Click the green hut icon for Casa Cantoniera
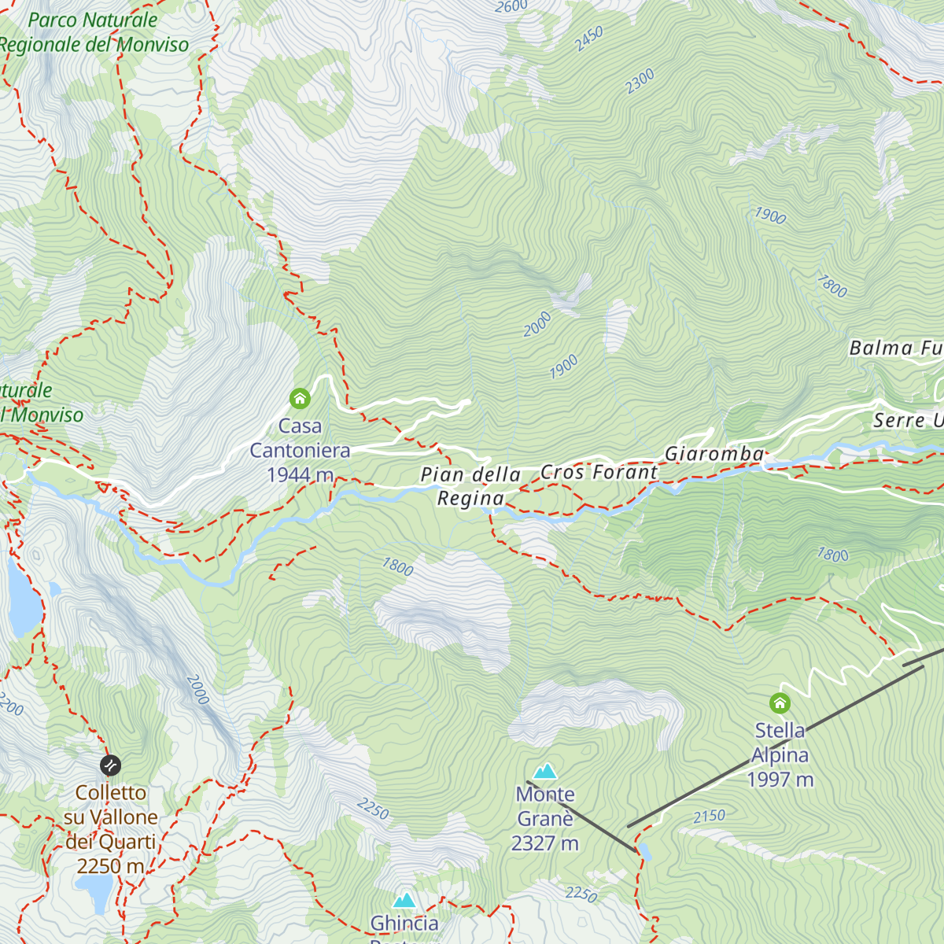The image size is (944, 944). point(300,399)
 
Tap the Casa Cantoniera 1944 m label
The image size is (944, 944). point(300,451)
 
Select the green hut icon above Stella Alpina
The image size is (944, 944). point(780,702)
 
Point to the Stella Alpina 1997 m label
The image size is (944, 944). point(780,755)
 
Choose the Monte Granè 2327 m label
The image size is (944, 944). point(545,819)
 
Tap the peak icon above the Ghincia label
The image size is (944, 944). point(404,900)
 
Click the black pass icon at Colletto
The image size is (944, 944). point(111,765)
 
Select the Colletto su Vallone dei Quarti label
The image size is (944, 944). point(111,829)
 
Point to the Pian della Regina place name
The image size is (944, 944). point(470,486)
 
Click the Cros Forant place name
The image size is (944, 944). point(599,472)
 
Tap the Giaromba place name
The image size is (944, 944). point(714,454)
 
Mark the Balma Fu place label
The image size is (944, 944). point(895,348)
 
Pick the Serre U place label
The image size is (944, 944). point(907,421)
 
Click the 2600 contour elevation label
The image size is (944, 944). point(511,7)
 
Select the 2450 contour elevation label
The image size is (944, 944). point(588,39)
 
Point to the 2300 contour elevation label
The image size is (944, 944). point(640,81)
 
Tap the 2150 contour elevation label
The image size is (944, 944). point(709,817)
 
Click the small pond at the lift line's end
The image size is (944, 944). point(645,851)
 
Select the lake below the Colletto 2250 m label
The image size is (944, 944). point(95,892)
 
